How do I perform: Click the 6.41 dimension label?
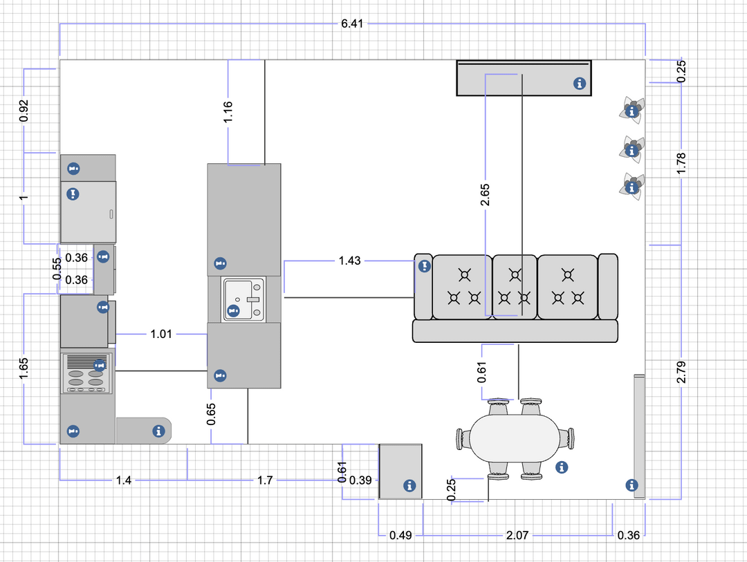point(352,24)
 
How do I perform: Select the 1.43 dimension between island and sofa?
point(350,261)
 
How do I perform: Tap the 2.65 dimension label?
point(485,195)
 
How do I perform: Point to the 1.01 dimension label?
point(161,334)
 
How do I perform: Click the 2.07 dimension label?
point(517,535)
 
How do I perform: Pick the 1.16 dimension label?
point(228,112)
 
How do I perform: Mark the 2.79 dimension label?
point(681,372)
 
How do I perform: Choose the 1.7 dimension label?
point(265,480)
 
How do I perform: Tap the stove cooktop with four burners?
point(87,373)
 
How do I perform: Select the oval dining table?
point(515,438)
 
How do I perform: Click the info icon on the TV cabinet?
point(580,84)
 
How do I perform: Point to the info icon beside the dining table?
point(562,467)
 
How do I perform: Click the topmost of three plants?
point(632,111)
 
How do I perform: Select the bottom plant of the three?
point(632,187)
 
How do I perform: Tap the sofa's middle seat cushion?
point(515,287)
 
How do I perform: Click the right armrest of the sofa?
point(608,286)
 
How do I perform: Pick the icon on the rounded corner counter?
point(158,431)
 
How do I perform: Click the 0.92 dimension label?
point(24,111)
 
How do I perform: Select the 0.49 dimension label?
point(400,535)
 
